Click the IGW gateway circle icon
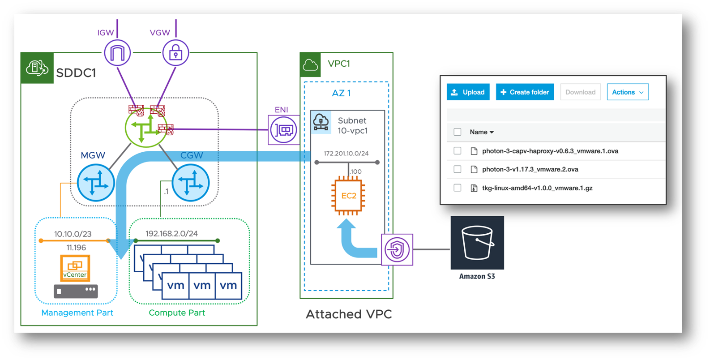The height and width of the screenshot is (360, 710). click(x=117, y=53)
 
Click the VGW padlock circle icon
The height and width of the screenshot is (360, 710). click(x=175, y=53)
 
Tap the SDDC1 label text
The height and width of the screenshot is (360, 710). click(x=76, y=73)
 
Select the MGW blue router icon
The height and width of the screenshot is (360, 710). click(x=96, y=183)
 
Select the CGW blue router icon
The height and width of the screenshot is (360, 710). click(x=191, y=183)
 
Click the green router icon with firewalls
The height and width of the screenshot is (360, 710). click(x=146, y=128)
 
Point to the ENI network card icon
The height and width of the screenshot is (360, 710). click(x=283, y=130)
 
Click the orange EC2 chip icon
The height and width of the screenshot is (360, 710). click(x=348, y=196)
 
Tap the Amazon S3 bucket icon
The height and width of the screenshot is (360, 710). click(x=477, y=243)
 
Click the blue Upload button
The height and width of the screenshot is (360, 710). click(x=468, y=92)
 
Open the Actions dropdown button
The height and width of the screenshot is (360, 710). click(x=628, y=92)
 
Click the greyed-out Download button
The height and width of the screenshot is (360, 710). click(x=580, y=92)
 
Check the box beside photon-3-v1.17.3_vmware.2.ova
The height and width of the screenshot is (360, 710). click(x=457, y=169)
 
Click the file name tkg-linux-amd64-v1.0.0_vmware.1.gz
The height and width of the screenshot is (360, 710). click(x=537, y=188)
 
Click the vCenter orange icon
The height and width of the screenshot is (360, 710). click(x=75, y=267)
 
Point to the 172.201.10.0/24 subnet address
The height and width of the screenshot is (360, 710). click(x=346, y=154)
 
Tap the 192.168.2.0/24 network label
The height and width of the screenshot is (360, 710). click(x=171, y=234)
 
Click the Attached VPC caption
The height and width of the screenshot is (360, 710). click(x=349, y=314)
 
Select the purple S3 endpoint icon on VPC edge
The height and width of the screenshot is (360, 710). click(x=397, y=249)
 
